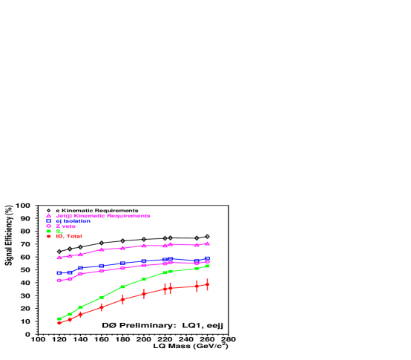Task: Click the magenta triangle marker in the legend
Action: coord(49,216)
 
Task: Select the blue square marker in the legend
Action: coord(49,220)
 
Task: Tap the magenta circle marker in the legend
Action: coord(49,226)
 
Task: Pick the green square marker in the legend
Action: coord(49,231)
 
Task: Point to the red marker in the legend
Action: coord(49,236)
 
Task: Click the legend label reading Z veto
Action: coord(65,226)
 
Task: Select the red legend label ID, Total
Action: coord(69,236)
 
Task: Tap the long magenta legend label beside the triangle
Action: coord(103,216)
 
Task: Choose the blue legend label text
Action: coord(73,220)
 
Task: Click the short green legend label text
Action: coord(59,231)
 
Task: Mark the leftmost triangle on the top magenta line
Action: coord(59,257)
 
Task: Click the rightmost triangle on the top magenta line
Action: coord(207,243)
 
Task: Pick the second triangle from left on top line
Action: coord(70,255)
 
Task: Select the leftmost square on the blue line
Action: coord(59,273)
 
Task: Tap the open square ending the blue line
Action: coord(207,259)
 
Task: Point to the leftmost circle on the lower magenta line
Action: coord(59,280)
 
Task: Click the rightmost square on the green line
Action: coord(207,266)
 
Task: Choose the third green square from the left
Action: coord(80,307)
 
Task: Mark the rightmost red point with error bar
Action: coord(207,284)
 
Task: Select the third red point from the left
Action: coord(80,314)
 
